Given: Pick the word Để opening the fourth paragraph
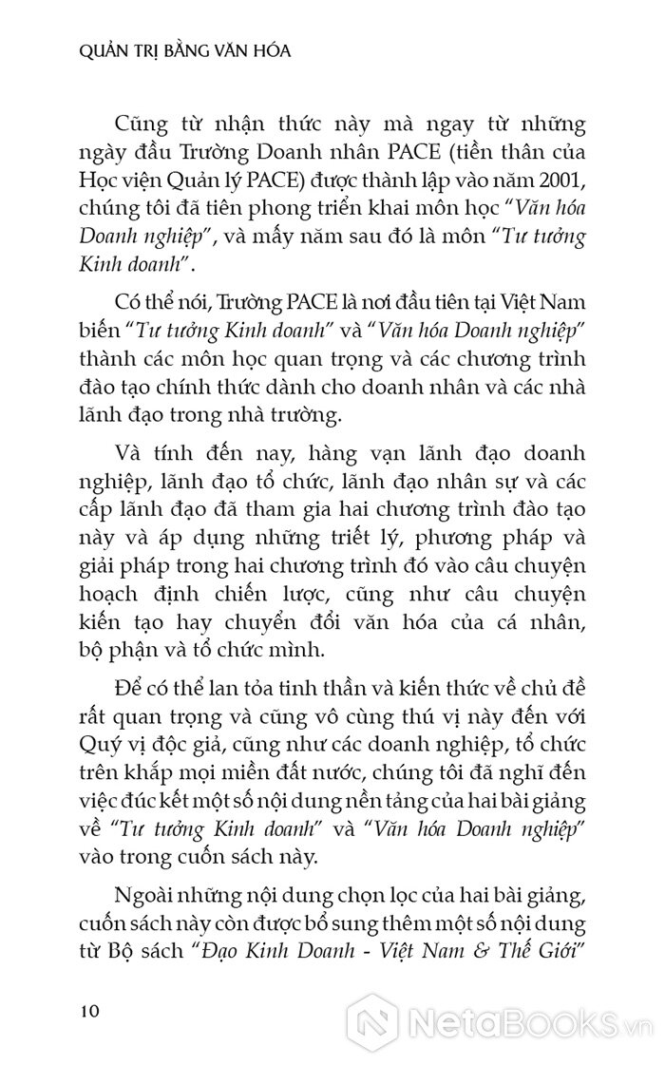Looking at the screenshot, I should pyautogui.click(x=126, y=684).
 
